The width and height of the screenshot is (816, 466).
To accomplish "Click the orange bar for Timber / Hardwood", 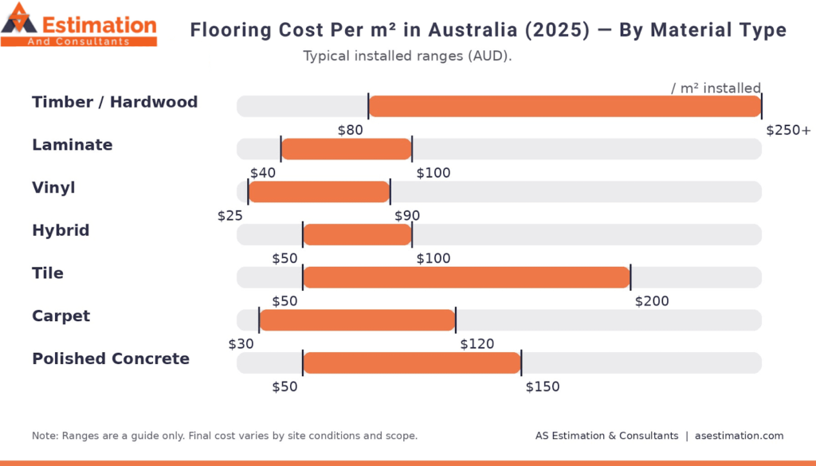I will click(x=564, y=106).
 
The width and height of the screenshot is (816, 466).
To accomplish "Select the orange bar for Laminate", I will click(x=346, y=149).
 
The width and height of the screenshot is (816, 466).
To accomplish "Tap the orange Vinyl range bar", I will click(x=319, y=192).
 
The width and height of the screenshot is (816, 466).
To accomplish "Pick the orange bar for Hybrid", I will click(x=357, y=235).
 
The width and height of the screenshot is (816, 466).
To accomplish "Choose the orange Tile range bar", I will click(x=466, y=277).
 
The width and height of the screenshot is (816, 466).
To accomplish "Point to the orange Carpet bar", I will click(x=357, y=320).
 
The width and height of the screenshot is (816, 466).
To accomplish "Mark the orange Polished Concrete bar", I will click(x=411, y=363).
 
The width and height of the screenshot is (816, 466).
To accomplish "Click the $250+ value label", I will click(x=787, y=130).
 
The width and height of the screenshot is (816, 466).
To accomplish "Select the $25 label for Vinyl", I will click(x=230, y=216).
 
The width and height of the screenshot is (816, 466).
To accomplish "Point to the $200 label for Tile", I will click(x=652, y=301).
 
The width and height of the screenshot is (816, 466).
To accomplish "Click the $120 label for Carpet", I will click(x=477, y=344).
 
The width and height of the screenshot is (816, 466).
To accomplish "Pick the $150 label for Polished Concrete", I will click(x=543, y=387).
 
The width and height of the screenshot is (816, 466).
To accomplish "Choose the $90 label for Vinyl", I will click(x=407, y=216).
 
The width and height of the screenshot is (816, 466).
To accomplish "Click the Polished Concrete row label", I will click(x=111, y=358).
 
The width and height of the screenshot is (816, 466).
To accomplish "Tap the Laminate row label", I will click(x=73, y=145).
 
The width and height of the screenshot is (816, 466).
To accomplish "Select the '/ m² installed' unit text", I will click(x=716, y=88).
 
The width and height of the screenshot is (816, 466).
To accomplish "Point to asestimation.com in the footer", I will click(x=739, y=436).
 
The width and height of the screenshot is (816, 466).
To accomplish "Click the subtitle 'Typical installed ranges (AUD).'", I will click(x=407, y=57).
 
